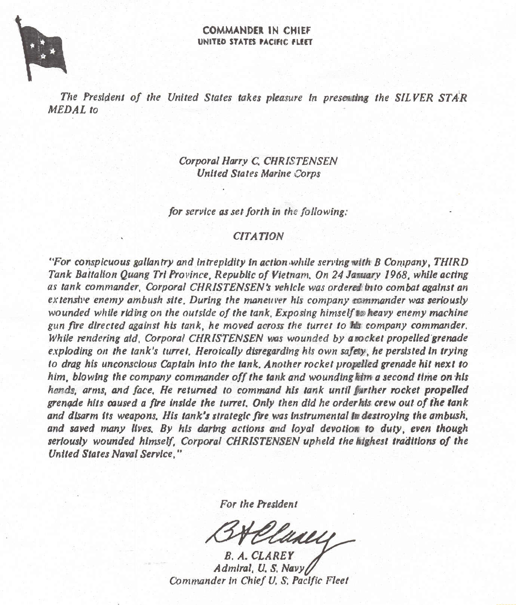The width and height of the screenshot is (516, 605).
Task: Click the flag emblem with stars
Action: pyautogui.click(x=42, y=50)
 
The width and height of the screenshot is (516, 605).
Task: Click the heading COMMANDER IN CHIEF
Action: pyautogui.click(x=257, y=30)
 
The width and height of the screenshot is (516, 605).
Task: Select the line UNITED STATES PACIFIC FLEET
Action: pyautogui.click(x=255, y=42)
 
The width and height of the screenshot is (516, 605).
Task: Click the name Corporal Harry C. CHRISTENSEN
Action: pyautogui.click(x=258, y=161)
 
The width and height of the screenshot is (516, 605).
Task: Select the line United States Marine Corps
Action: pyautogui.click(x=258, y=174)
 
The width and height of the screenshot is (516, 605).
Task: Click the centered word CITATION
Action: pyautogui.click(x=258, y=236)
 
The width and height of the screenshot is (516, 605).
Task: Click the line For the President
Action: pyautogui.click(x=258, y=504)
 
